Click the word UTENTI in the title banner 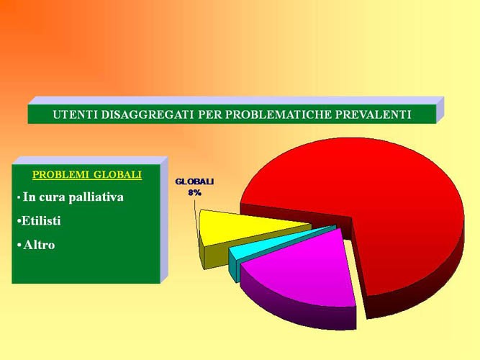75,114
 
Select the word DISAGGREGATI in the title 148,114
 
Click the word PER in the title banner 209,114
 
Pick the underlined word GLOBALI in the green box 117,174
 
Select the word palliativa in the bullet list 96,197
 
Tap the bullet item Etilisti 39,220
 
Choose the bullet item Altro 36,245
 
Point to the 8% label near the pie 195,193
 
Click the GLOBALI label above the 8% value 194,181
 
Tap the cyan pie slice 276,241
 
